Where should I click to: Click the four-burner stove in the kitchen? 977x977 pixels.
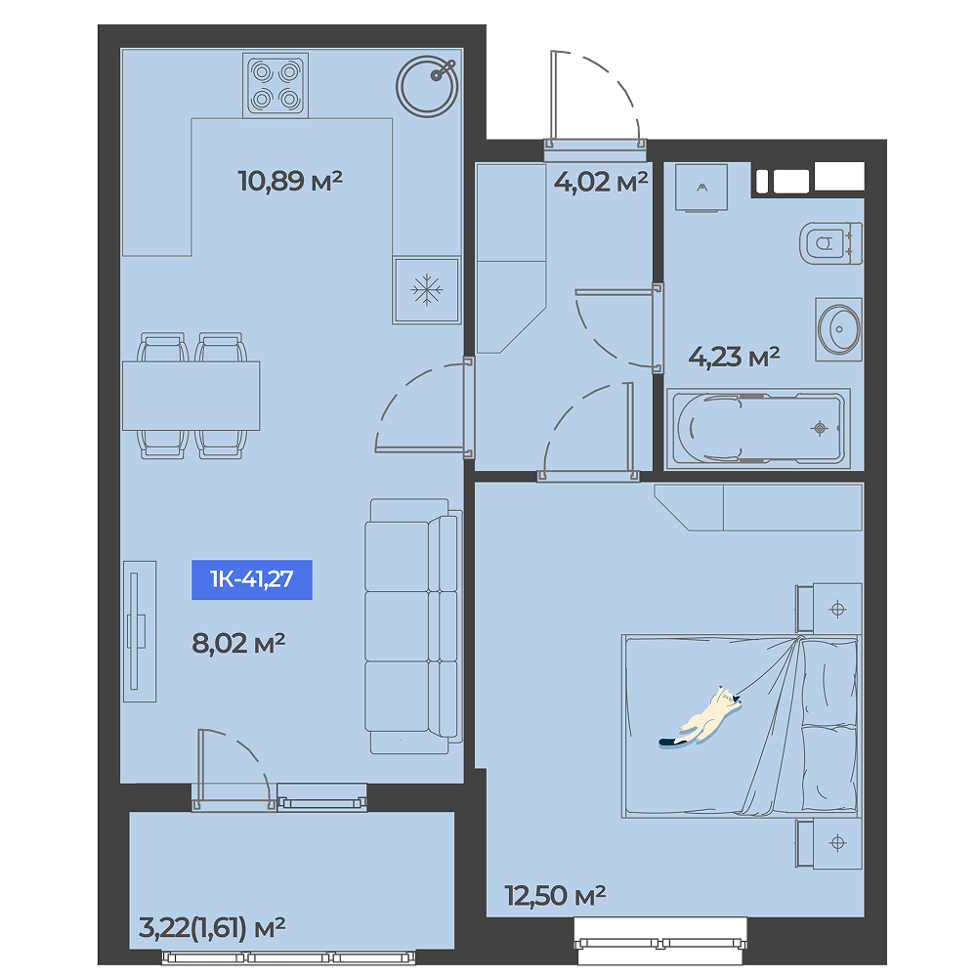(276, 85)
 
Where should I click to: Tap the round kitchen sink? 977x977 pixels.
(427, 87)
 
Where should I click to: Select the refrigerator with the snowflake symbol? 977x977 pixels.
(427, 290)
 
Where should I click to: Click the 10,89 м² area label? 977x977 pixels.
(290, 181)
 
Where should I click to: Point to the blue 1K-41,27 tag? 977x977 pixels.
(252, 579)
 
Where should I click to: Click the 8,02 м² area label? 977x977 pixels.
(238, 643)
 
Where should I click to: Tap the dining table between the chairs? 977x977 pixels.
(191, 396)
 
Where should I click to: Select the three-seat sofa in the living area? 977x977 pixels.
(413, 626)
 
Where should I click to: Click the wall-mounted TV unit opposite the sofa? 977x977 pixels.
(140, 631)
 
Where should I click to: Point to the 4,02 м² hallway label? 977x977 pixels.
(601, 182)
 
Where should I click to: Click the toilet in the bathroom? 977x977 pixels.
(831, 243)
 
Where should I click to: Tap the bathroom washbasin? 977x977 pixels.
(838, 329)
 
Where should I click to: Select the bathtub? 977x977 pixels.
(758, 429)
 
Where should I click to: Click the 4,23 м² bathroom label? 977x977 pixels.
(734, 357)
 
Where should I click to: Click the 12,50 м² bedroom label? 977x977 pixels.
(555, 896)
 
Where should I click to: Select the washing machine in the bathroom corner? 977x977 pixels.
(701, 188)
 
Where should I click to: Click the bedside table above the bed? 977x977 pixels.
(829, 609)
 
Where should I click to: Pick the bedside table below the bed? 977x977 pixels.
(829, 844)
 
